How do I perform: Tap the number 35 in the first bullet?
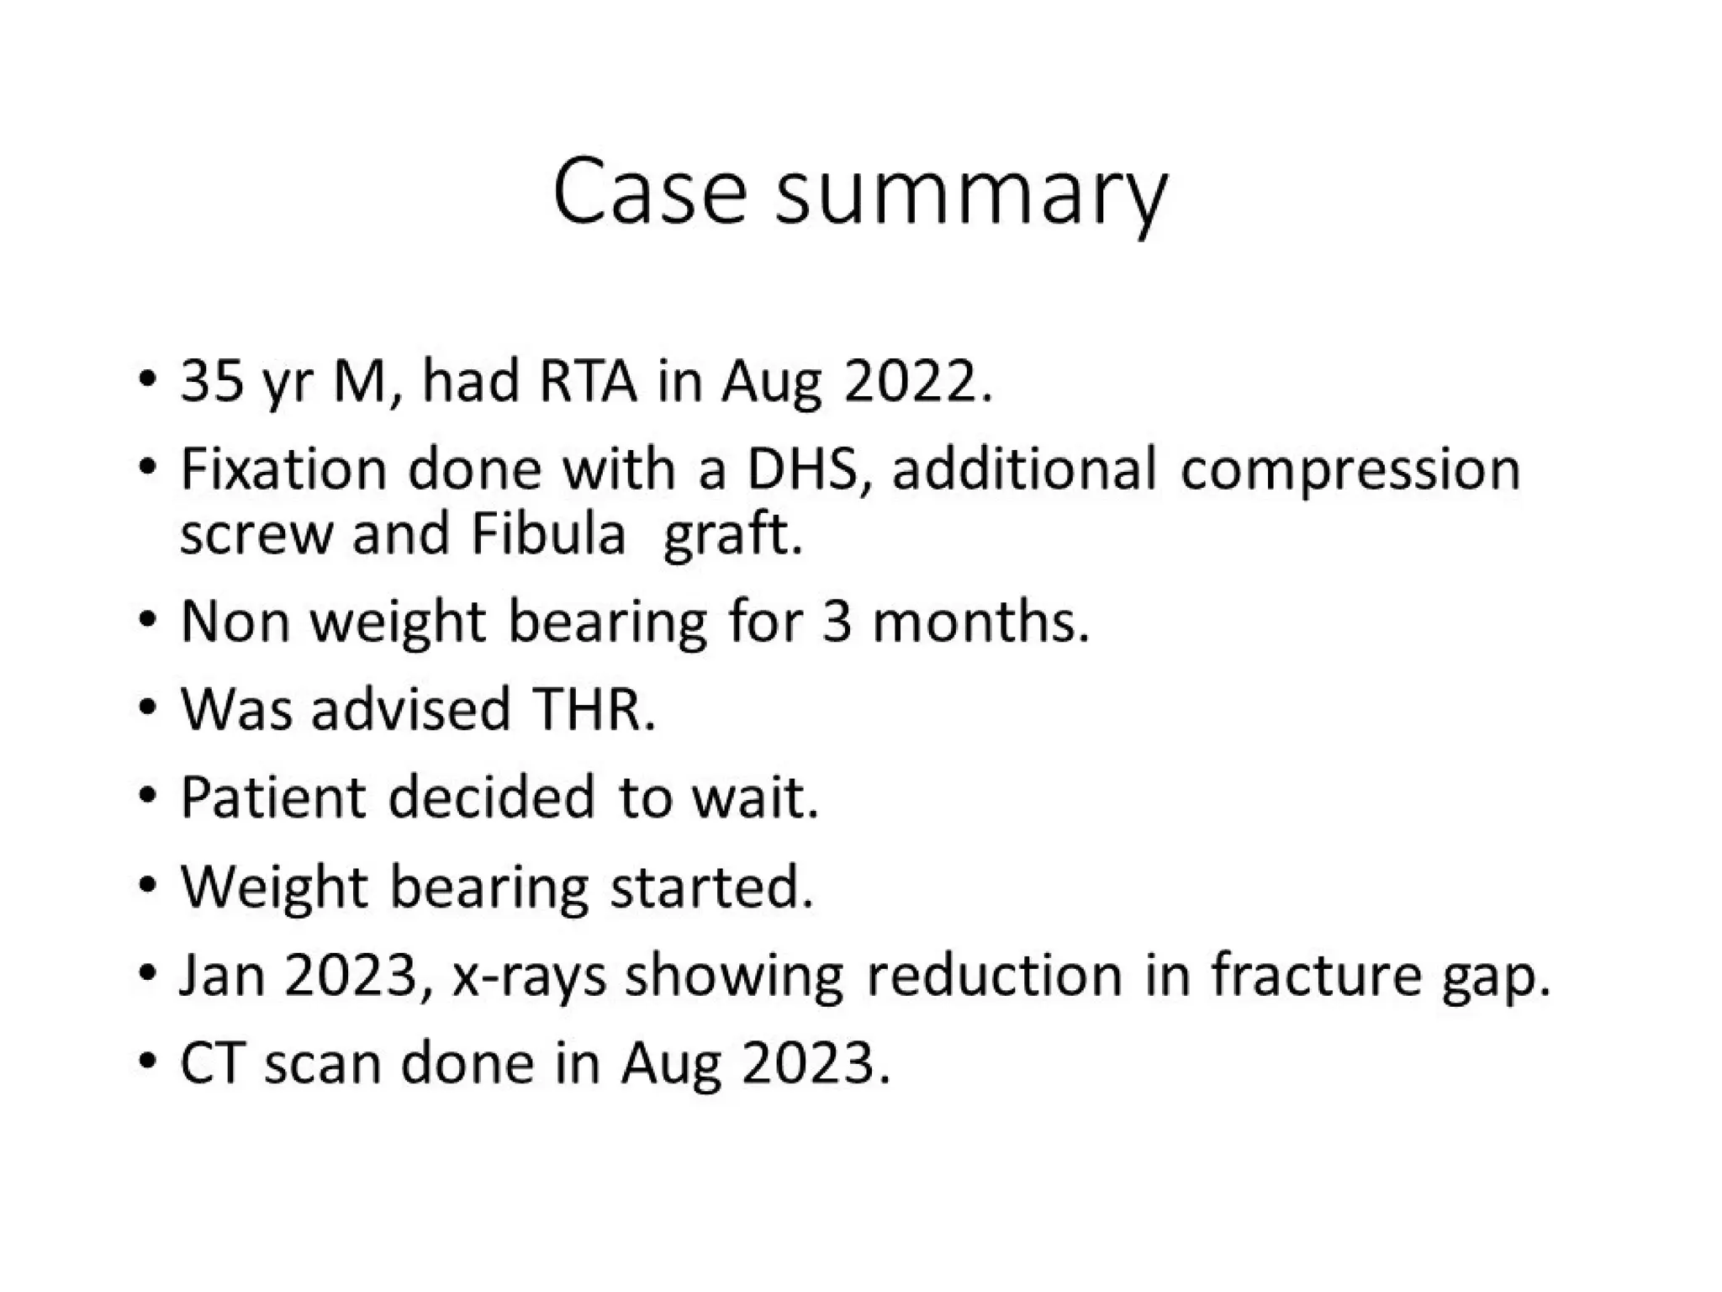tap(212, 381)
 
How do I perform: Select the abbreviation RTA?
tap(588, 381)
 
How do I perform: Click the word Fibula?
tap(548, 534)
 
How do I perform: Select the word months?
tap(980, 622)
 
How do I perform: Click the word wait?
tap(754, 797)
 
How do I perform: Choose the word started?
tap(711, 887)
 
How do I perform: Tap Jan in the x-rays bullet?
tap(222, 975)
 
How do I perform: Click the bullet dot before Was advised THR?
tap(148, 709)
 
